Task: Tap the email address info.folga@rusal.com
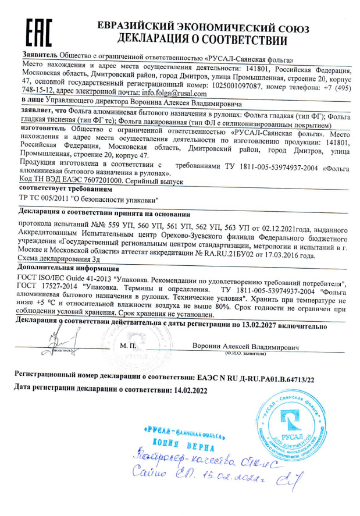coord(174,92)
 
